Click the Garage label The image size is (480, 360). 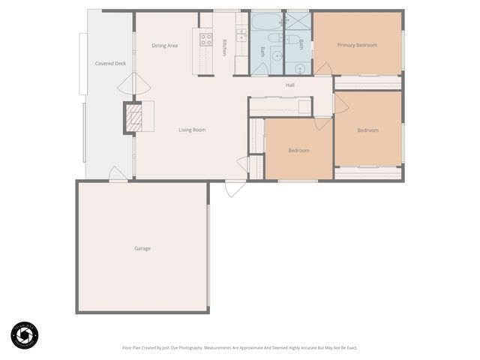coord(142,248)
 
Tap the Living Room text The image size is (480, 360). coord(192,130)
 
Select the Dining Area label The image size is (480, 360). coord(164,46)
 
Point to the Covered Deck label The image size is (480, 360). coord(110,64)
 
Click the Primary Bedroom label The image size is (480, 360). coord(357,45)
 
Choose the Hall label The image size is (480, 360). coord(289,85)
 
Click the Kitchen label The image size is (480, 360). coord(224,47)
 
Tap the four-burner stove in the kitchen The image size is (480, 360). coord(205,40)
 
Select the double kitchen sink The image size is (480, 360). coord(241,34)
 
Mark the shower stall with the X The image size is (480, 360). coord(297,21)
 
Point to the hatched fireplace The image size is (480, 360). coord(133,118)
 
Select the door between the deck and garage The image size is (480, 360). coord(118,174)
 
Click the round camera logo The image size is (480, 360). coord(24,335)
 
